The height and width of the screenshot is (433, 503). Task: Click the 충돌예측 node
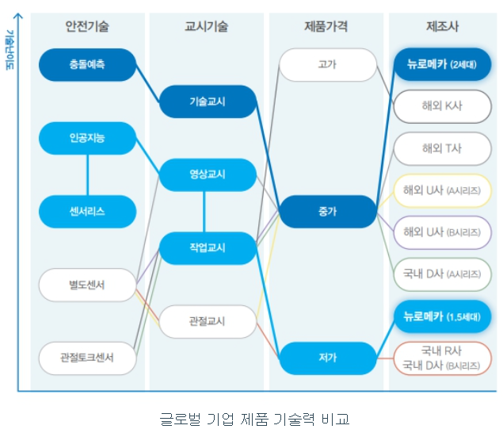(x=87, y=64)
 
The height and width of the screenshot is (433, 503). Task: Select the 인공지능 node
(x=87, y=138)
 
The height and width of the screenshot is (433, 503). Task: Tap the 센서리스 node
(x=87, y=211)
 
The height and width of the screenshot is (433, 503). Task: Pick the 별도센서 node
(x=87, y=285)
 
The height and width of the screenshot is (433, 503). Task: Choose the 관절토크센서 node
(x=87, y=358)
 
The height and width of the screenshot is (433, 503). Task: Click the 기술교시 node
(x=208, y=102)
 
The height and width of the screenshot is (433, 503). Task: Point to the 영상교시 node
(x=208, y=174)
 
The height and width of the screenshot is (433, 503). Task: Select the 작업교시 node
(x=208, y=248)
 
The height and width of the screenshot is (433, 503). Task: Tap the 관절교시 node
(x=208, y=321)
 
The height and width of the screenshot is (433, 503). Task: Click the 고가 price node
(x=327, y=64)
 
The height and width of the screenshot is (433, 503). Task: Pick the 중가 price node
(x=327, y=212)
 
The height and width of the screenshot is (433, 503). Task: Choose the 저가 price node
(x=327, y=358)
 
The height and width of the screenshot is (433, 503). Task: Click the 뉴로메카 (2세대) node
(x=441, y=64)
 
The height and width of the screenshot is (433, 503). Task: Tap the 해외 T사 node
(x=441, y=148)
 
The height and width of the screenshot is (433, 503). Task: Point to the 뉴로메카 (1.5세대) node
(x=441, y=316)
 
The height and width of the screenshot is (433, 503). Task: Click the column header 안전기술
(x=87, y=26)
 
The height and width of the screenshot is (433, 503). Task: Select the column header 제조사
(x=441, y=26)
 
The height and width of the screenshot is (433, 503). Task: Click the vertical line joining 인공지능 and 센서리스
(x=87, y=174)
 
